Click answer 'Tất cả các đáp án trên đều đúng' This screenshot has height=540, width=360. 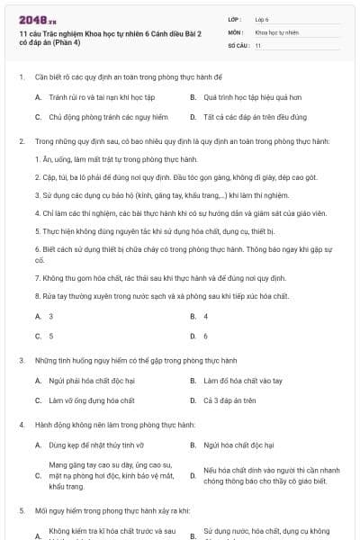point(256,117)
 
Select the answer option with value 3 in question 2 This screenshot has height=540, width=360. point(50,316)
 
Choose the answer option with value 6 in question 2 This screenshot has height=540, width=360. point(206,336)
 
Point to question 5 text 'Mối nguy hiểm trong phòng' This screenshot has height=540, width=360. point(112,510)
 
